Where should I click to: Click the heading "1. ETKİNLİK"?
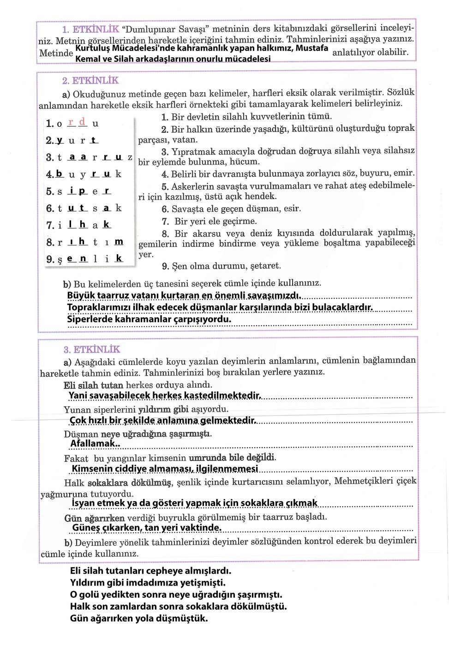(x=90, y=30)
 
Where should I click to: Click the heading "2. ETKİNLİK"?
(x=90, y=81)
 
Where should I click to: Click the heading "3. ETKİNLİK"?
(x=91, y=349)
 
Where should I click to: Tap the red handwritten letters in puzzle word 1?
(x=77, y=122)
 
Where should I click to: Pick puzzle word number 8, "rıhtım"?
(x=85, y=242)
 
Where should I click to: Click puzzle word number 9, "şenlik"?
(x=85, y=259)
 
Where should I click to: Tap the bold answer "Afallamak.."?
(x=95, y=444)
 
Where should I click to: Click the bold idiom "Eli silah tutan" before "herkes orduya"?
(x=93, y=385)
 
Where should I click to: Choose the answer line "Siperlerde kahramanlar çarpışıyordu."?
(x=149, y=319)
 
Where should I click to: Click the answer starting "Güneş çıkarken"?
(x=147, y=527)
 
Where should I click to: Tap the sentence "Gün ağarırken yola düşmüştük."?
(x=139, y=618)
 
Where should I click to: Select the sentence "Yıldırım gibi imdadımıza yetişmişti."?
(x=148, y=583)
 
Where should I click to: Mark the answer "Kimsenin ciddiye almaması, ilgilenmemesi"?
(x=165, y=469)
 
